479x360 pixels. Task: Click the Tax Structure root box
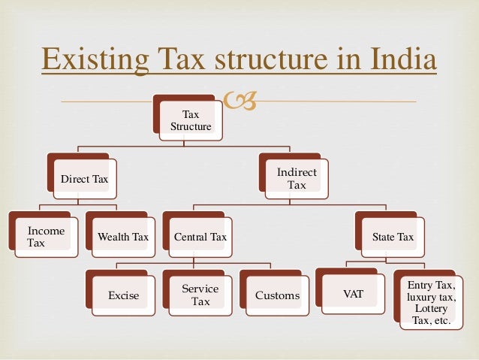pyautogui.click(x=191, y=120)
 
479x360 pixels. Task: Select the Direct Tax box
pyautogui.click(x=84, y=179)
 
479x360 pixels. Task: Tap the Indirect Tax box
pyautogui.click(x=297, y=178)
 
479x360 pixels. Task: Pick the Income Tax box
pyautogui.click(x=45, y=237)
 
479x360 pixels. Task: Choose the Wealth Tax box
pyautogui.click(x=123, y=237)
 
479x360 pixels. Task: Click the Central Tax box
pyautogui.click(x=200, y=237)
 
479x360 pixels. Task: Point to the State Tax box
pyautogui.click(x=393, y=237)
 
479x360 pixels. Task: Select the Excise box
pyautogui.click(x=123, y=295)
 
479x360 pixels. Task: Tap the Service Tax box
pyautogui.click(x=200, y=295)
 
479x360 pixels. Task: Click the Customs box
pyautogui.click(x=277, y=295)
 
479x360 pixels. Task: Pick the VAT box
pyautogui.click(x=353, y=295)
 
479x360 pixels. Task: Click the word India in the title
pyautogui.click(x=402, y=59)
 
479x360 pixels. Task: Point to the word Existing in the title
pyautogui.click(x=88, y=59)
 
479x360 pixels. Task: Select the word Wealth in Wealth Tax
pyautogui.click(x=114, y=237)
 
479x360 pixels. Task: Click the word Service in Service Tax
pyautogui.click(x=200, y=289)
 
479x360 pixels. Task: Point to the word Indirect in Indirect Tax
pyautogui.click(x=297, y=172)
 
